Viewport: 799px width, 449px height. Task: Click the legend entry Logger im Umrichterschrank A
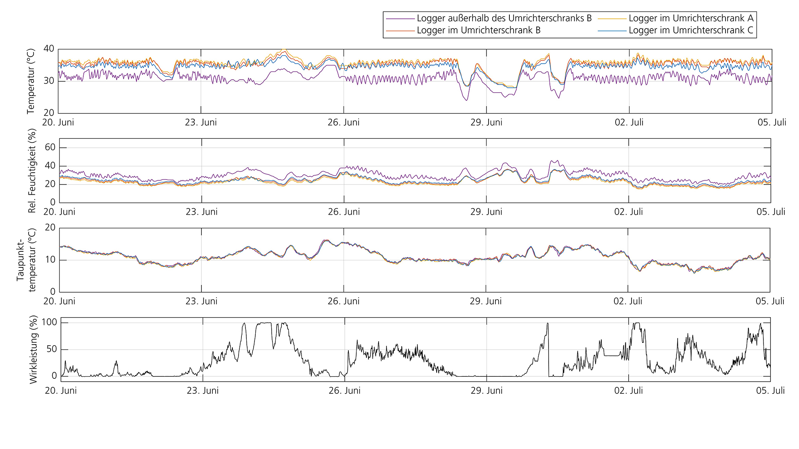point(691,18)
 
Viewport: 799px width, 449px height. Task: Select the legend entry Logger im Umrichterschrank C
point(691,30)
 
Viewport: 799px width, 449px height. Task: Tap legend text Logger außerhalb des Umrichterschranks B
point(504,18)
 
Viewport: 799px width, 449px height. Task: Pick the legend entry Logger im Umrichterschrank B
point(478,30)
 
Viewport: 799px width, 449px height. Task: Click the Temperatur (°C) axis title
point(31,81)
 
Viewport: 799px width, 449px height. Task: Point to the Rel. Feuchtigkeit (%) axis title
point(32,171)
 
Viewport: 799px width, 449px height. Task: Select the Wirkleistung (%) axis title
point(33,349)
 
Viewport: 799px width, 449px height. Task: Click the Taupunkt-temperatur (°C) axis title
point(26,260)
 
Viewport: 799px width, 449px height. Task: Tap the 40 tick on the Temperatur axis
point(49,49)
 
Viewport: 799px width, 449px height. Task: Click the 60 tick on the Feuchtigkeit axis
point(50,147)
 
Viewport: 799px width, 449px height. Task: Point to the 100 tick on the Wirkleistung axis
point(49,322)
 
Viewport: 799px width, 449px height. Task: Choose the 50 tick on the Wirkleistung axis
point(51,349)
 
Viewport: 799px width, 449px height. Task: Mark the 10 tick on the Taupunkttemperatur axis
point(50,260)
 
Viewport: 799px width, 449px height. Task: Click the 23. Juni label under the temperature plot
point(201,122)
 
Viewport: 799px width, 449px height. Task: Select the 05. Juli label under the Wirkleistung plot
point(770,391)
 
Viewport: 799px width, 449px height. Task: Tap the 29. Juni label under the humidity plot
point(486,212)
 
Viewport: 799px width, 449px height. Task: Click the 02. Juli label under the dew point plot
point(628,301)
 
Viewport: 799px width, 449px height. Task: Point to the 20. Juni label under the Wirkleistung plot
point(61,391)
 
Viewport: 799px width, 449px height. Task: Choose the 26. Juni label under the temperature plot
point(344,122)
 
